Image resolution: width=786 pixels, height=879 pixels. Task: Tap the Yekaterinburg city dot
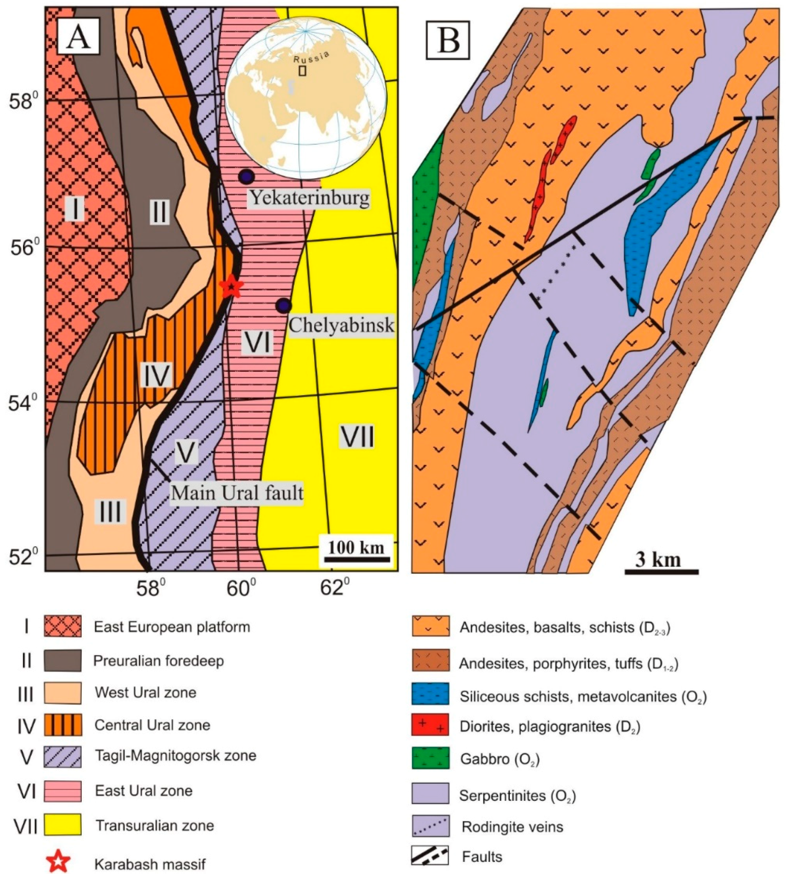tap(246, 176)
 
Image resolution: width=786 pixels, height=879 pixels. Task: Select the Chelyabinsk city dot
tap(283, 306)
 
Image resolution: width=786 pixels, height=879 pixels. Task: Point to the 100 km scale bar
tap(357, 559)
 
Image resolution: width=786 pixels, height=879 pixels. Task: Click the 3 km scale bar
tap(661, 572)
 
